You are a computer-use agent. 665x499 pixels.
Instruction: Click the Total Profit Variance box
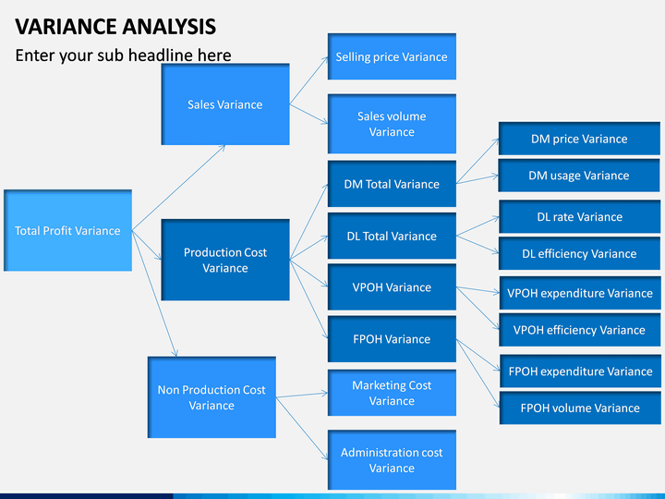click(x=67, y=230)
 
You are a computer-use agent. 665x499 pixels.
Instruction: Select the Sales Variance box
click(x=225, y=104)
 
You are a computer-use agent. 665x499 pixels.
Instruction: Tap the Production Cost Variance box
click(x=225, y=260)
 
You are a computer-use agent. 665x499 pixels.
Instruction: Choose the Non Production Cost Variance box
click(x=212, y=397)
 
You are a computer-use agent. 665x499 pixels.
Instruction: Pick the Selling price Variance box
click(x=392, y=56)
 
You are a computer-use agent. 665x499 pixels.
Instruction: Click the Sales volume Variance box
click(x=392, y=124)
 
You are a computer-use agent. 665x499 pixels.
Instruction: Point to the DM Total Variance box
click(x=392, y=184)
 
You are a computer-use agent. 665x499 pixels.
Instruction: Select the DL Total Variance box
click(x=392, y=236)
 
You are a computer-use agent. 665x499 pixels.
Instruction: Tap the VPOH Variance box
click(x=392, y=287)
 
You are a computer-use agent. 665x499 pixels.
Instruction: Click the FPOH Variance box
click(x=392, y=339)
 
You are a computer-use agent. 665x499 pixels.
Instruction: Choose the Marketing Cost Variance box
click(x=392, y=393)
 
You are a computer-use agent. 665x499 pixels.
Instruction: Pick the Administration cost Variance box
click(x=392, y=460)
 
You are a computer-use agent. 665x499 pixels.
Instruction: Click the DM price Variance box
click(x=579, y=139)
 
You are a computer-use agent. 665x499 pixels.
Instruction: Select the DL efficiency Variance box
click(x=579, y=253)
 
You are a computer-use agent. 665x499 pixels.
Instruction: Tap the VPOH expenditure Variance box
click(x=580, y=293)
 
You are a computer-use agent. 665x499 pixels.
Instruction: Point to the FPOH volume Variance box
click(x=580, y=408)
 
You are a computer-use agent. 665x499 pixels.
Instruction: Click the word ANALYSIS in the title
click(x=170, y=26)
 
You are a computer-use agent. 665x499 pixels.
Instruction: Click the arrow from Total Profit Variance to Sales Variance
click(x=178, y=188)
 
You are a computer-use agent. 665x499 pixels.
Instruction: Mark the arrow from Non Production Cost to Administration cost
click(x=302, y=429)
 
